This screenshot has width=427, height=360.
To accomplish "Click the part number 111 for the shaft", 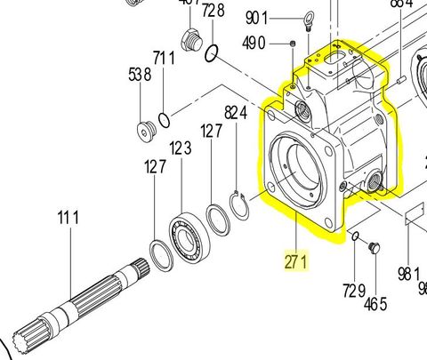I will click(x=68, y=217).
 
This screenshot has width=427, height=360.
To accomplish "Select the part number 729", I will click(x=354, y=290).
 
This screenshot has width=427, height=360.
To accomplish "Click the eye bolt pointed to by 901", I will click(x=305, y=20).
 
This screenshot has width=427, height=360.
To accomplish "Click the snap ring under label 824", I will click(x=241, y=204).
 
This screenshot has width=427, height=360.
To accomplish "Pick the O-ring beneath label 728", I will click(x=212, y=55).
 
